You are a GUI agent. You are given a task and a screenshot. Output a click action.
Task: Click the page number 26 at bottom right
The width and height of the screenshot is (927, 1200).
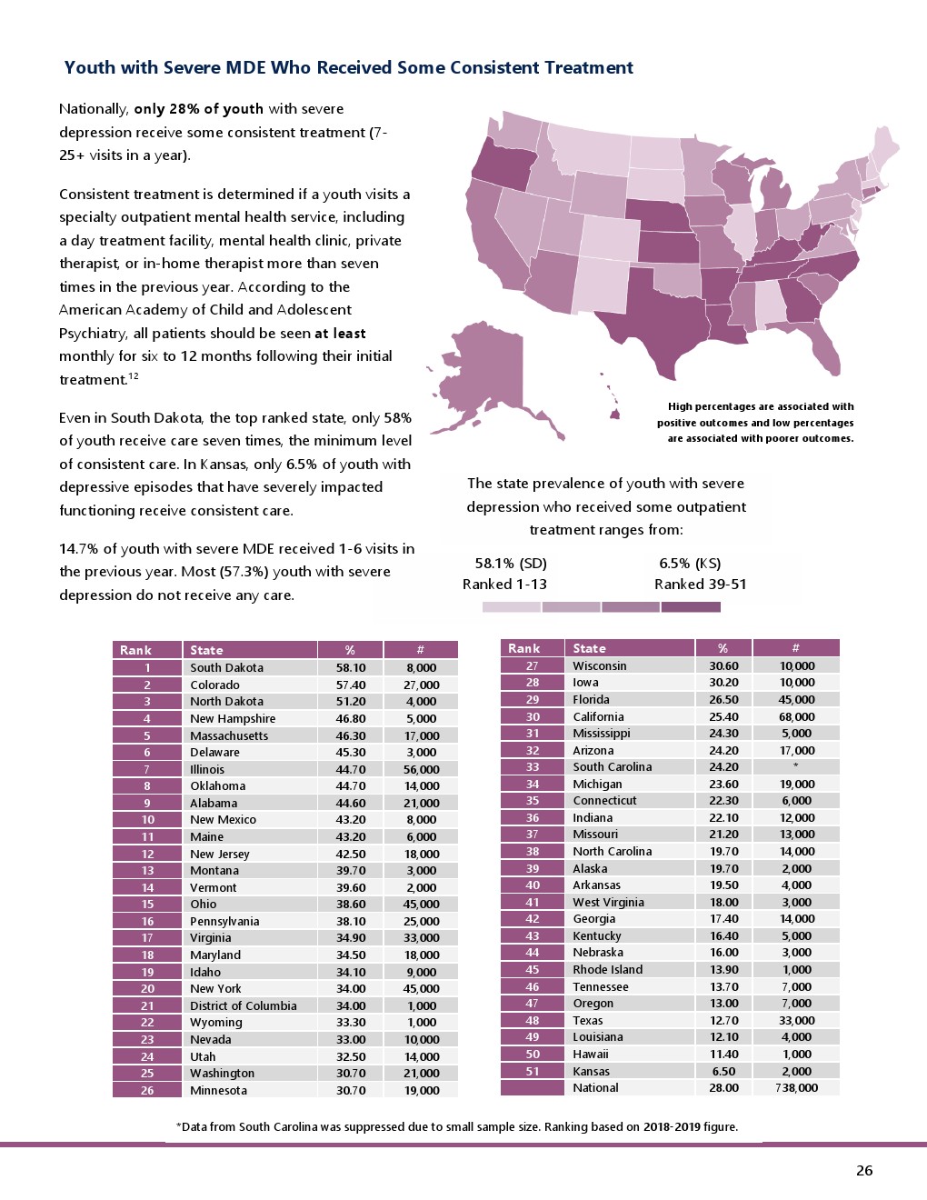point(863,1171)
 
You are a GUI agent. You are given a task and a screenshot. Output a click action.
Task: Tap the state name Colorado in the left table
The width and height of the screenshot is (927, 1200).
point(214,685)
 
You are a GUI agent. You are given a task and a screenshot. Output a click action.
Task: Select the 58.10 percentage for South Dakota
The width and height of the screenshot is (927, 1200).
point(350,667)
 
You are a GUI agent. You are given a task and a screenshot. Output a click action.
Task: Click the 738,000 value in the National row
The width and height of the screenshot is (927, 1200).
point(796,1087)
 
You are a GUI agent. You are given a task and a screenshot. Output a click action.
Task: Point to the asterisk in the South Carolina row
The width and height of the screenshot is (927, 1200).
point(796,766)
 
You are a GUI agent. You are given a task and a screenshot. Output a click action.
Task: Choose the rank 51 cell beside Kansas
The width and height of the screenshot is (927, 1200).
point(533,1071)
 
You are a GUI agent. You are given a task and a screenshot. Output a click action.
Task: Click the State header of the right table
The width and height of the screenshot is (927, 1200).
point(589,648)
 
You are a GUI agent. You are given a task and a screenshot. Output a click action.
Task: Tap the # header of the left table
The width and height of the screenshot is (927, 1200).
point(420,650)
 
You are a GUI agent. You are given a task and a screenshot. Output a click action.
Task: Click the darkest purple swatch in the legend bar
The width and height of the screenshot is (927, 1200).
point(691,606)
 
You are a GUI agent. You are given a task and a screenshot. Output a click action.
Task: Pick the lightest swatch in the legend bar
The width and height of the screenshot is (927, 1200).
point(511,606)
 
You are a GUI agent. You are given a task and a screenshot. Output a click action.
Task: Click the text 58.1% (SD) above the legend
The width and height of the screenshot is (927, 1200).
point(511,563)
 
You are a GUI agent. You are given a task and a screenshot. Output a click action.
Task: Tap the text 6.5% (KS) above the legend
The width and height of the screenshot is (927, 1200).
point(690,563)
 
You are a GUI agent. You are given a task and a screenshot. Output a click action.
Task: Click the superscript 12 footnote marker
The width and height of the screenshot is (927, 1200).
point(134,375)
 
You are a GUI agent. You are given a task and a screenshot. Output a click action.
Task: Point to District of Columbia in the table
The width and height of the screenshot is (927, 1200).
point(243,1005)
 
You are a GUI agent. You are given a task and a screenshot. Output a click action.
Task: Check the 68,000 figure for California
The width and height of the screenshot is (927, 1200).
point(796,716)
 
